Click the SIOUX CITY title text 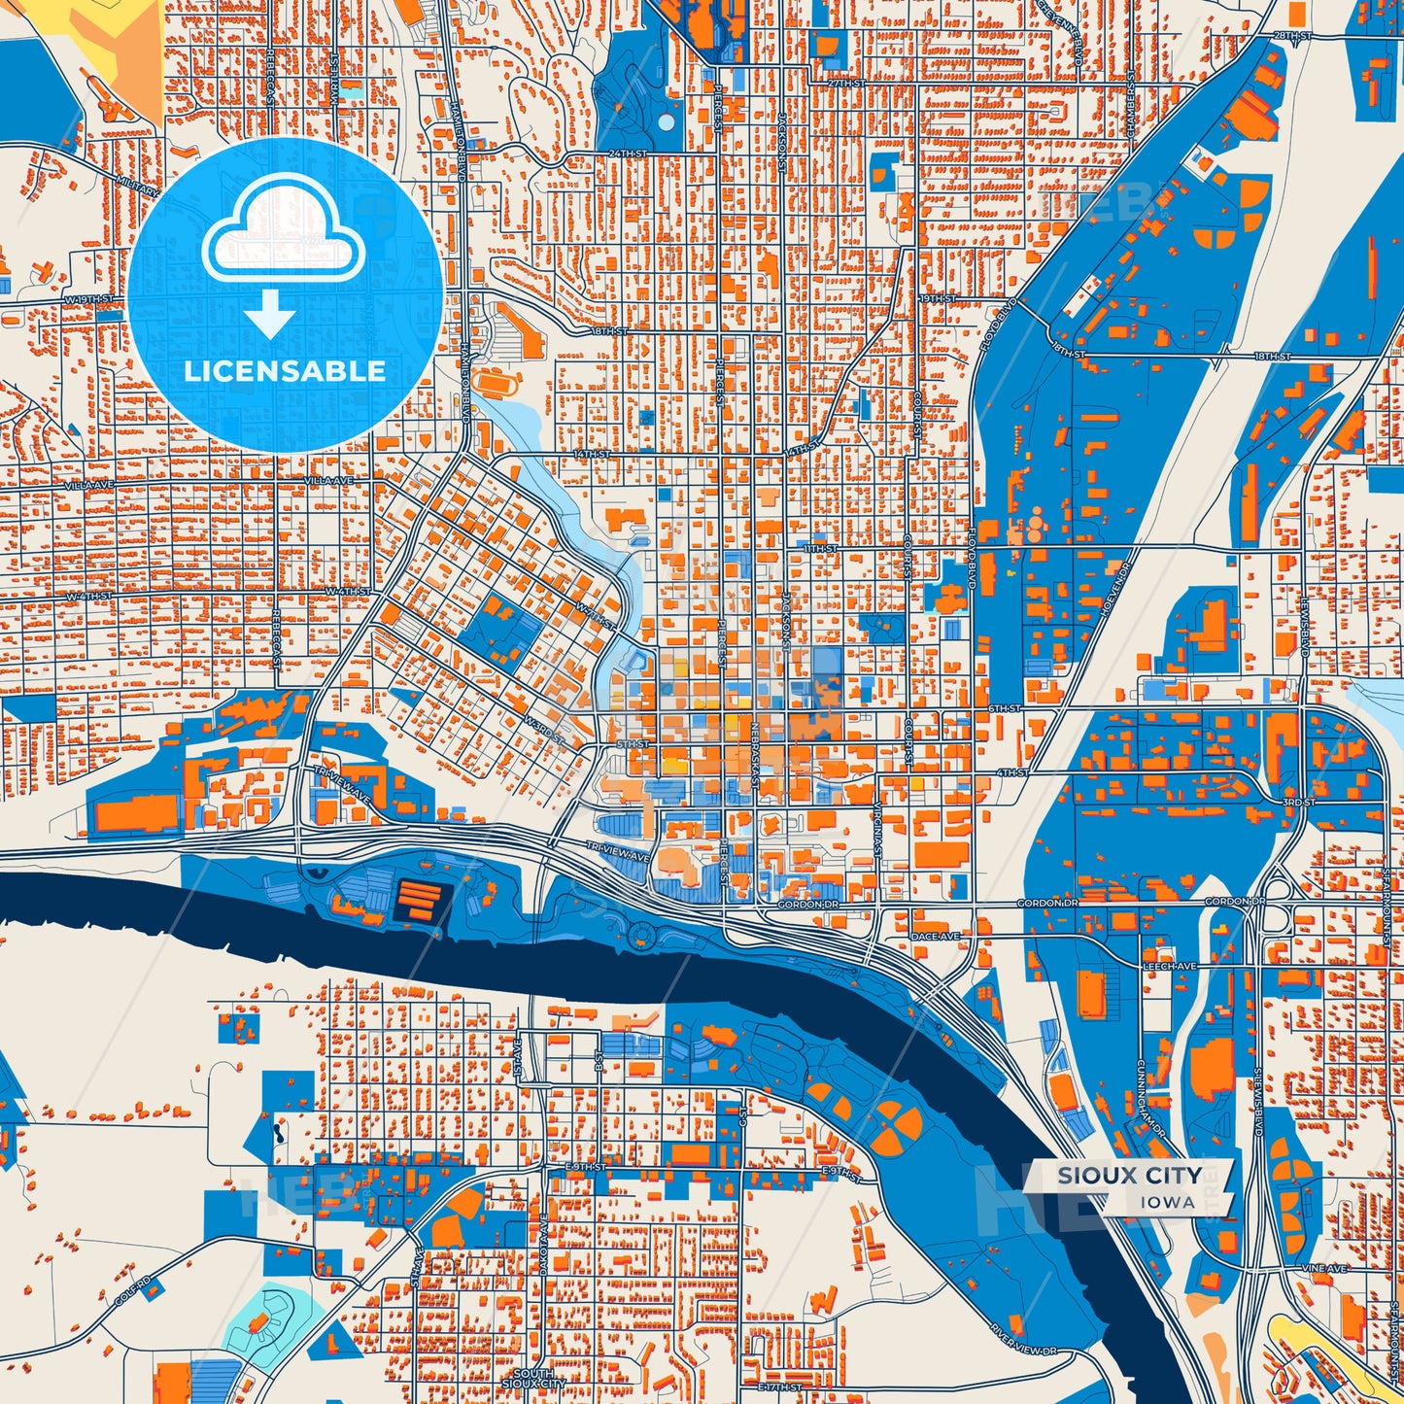coord(1129,1176)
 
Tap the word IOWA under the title coord(1168,1202)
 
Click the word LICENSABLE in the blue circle coord(285,371)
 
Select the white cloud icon coord(283,229)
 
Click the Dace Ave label coord(937,936)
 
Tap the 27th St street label coord(845,84)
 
